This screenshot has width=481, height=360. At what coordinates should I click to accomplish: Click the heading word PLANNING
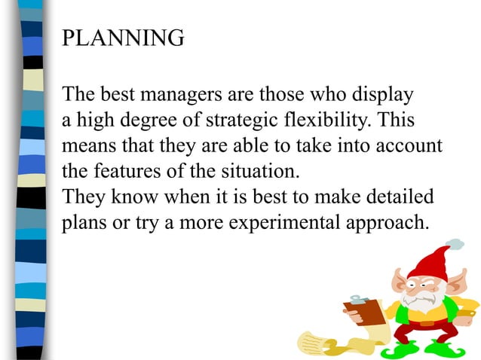(x=122, y=38)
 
